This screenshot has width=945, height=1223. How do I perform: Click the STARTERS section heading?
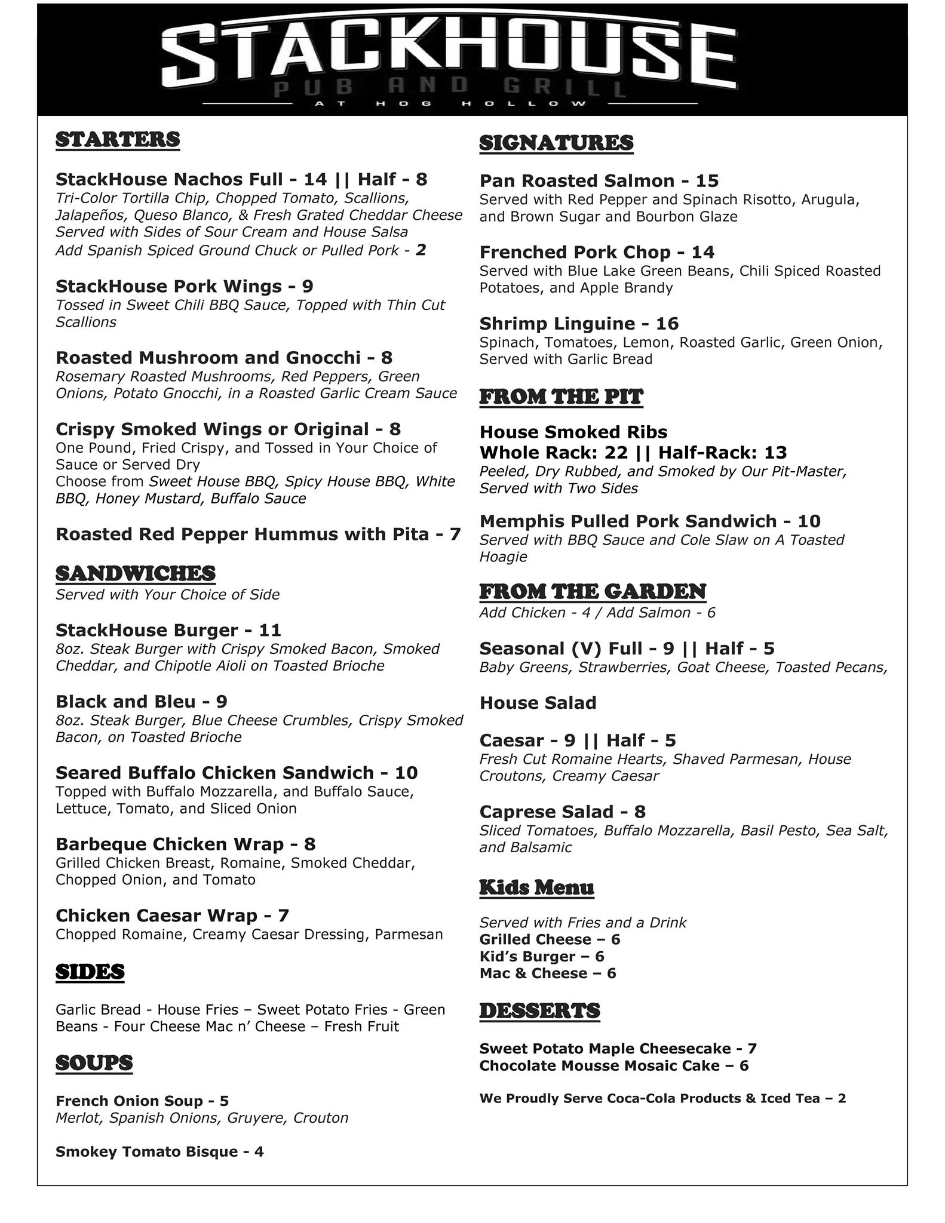pyautogui.click(x=118, y=139)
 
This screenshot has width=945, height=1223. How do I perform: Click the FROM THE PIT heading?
pyautogui.click(x=561, y=397)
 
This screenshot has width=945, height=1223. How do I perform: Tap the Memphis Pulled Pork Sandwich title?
pyautogui.click(x=627, y=521)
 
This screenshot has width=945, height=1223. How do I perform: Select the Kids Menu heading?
pyautogui.click(x=536, y=887)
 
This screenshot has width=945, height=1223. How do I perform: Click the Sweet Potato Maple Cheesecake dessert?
pyautogui.click(x=605, y=1049)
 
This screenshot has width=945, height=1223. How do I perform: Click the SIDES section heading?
pyautogui.click(x=90, y=972)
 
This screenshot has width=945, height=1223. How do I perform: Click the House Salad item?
pyautogui.click(x=538, y=703)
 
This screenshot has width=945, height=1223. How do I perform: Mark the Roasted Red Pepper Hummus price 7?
pyautogui.click(x=455, y=534)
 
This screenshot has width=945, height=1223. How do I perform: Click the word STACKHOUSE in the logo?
pyautogui.click(x=449, y=55)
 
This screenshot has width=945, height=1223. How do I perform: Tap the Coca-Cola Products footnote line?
pyautogui.click(x=662, y=1098)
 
